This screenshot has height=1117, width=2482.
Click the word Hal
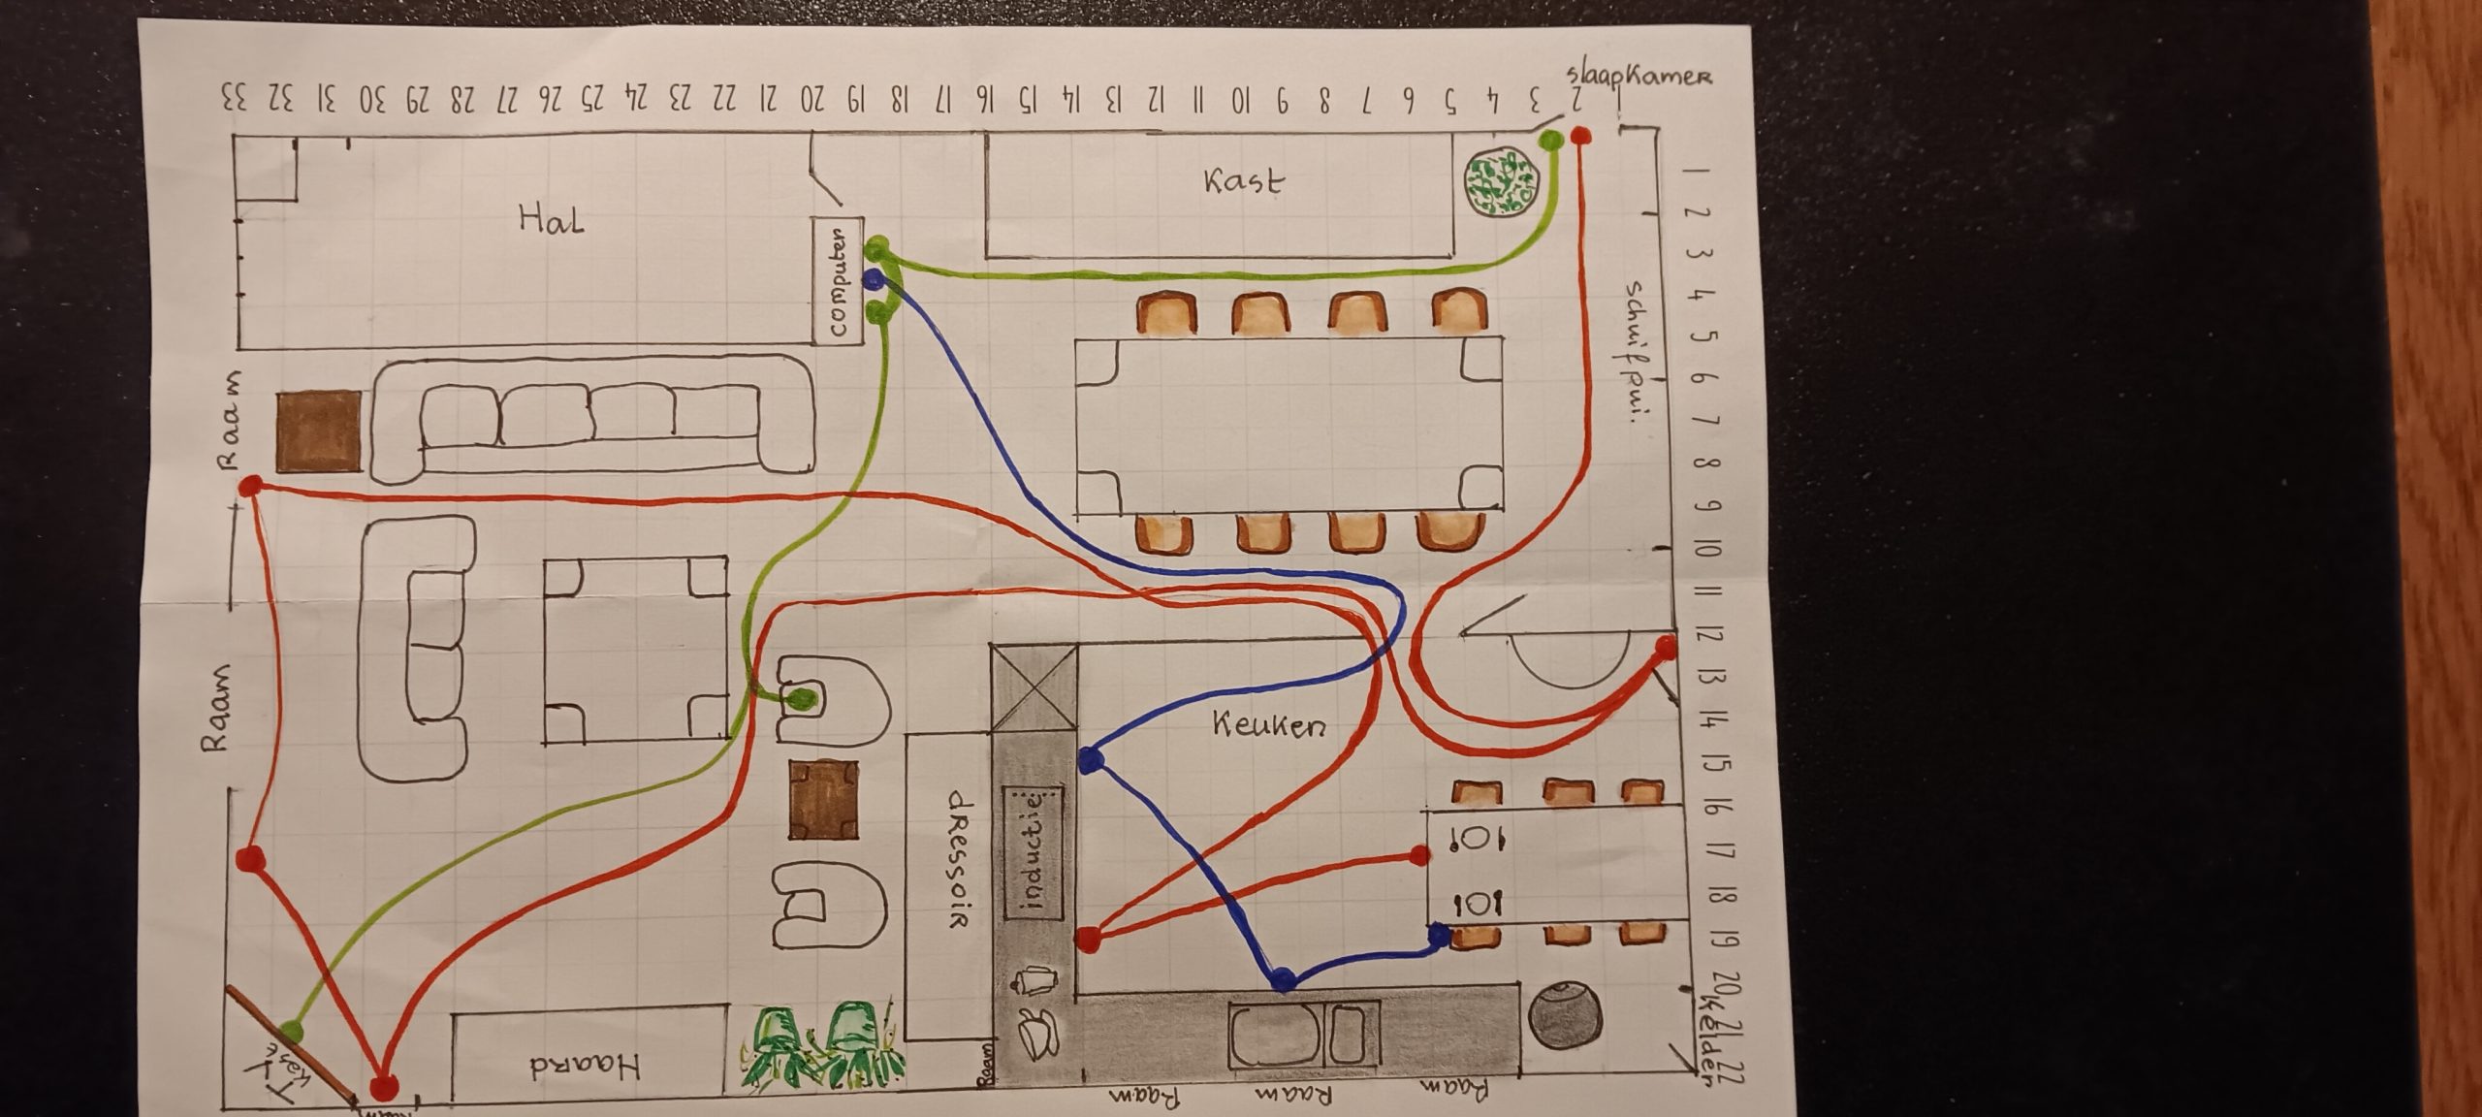point(552,220)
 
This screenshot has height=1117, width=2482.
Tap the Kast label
point(1244,181)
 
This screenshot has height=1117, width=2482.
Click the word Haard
point(586,1068)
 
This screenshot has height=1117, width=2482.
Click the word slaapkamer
point(1639,77)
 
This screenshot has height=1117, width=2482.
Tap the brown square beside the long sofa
point(318,431)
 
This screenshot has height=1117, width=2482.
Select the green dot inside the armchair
point(799,698)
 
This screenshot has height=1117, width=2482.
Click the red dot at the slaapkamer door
point(1580,137)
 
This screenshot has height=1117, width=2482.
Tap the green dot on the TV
point(291,1031)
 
